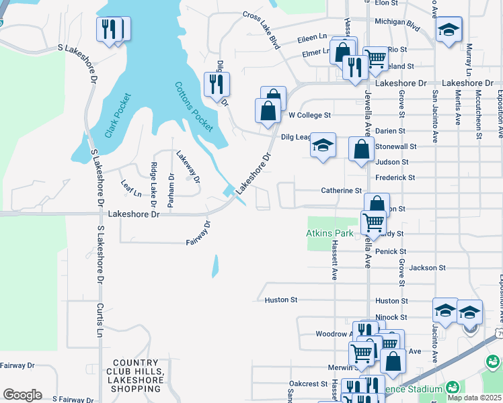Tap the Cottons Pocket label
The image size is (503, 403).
click(x=194, y=106)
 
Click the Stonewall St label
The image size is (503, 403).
click(x=396, y=146)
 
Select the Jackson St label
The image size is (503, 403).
click(x=428, y=268)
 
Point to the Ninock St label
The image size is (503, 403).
click(x=410, y=317)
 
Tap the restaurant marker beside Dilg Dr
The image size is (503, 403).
click(x=217, y=85)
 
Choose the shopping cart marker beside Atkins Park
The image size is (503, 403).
click(x=373, y=222)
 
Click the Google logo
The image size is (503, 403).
click(x=22, y=394)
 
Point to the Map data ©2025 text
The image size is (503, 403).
click(x=475, y=396)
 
